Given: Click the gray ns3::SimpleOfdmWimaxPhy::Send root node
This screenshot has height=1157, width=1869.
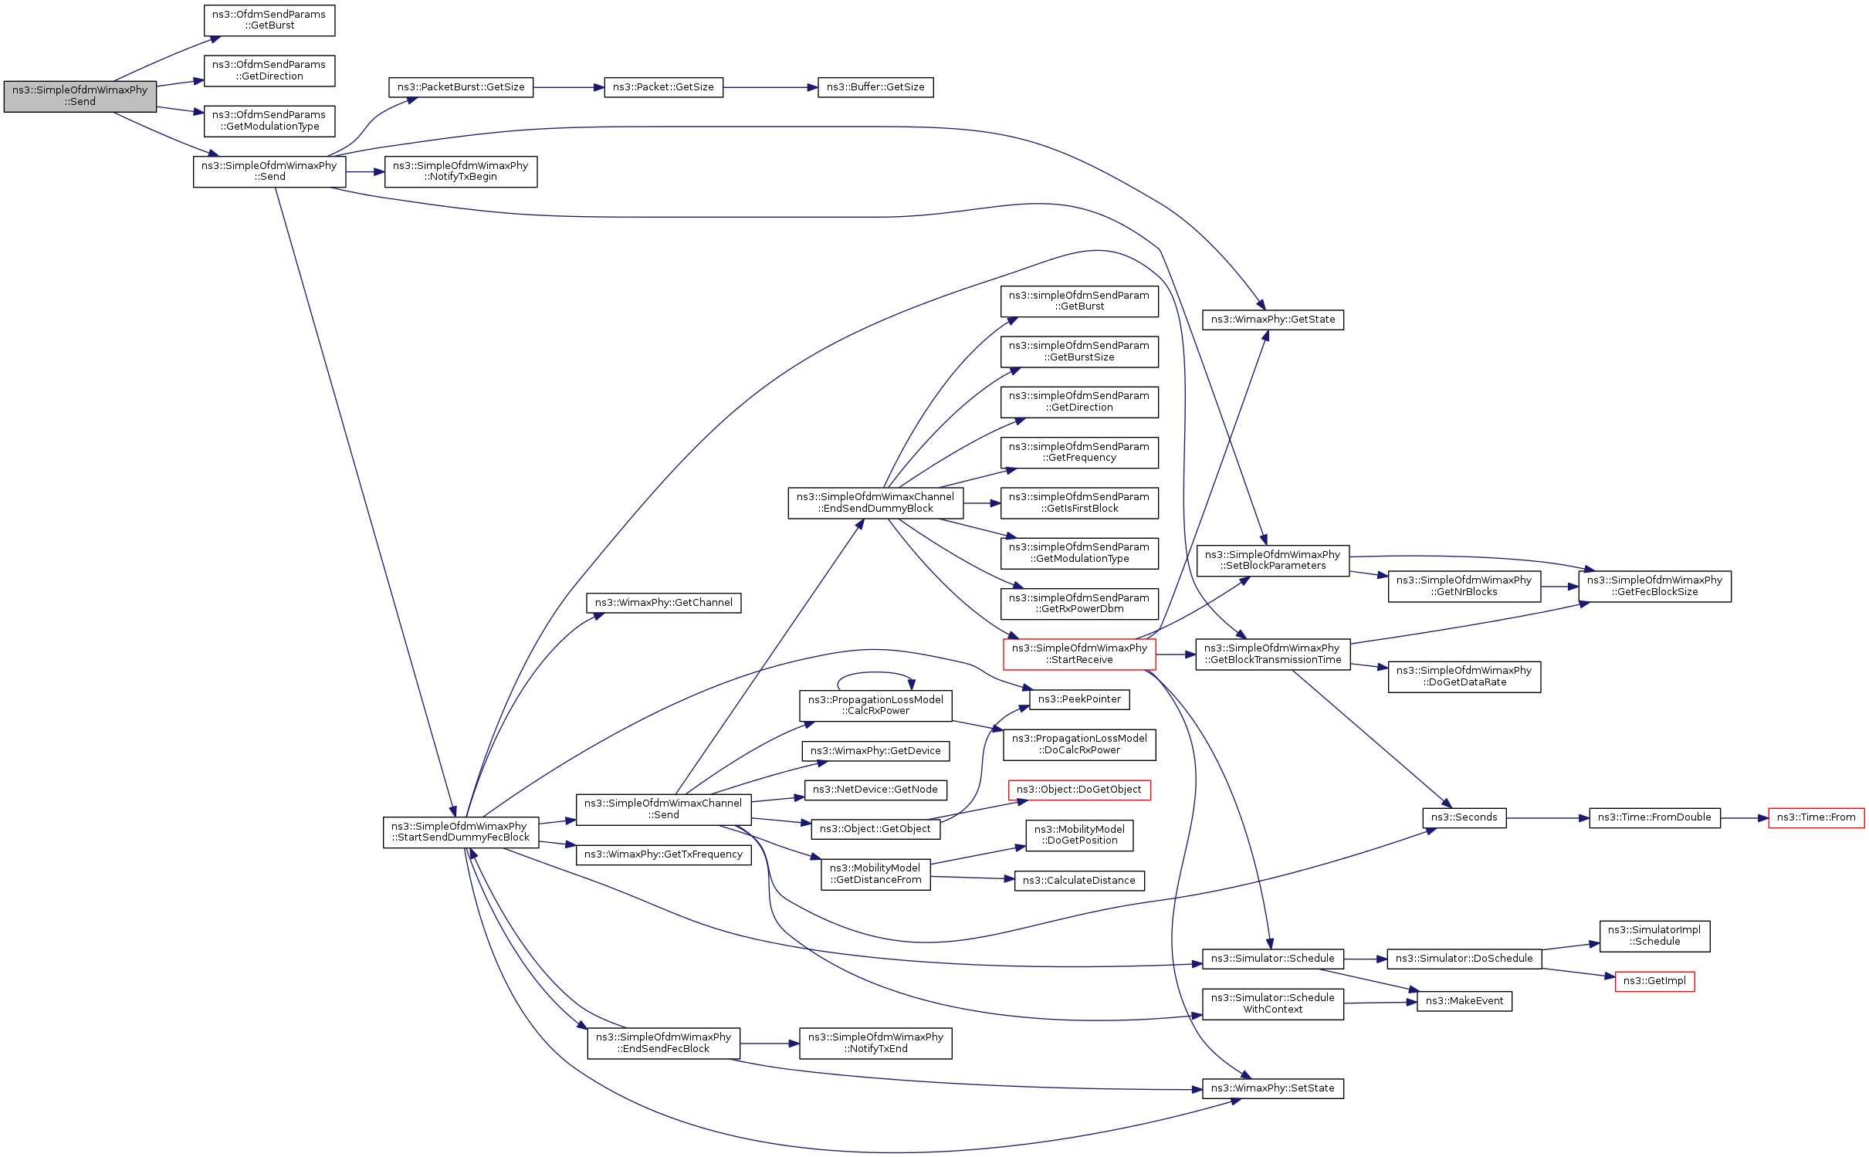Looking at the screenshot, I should point(80,96).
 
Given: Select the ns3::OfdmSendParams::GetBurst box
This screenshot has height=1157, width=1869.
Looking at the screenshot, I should point(269,20).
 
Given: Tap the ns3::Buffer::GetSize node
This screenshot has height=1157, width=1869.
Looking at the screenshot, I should point(875,87).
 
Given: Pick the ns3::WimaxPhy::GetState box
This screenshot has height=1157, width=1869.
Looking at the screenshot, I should point(1272,320).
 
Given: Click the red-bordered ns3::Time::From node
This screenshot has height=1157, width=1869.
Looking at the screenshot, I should point(1816,817).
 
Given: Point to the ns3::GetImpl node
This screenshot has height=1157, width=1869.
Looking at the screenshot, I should point(1654,981).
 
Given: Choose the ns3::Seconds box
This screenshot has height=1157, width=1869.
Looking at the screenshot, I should point(1464,817).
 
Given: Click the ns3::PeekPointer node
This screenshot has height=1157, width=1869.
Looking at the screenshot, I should point(1078,699).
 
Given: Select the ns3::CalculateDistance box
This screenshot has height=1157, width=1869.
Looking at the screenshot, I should point(1078,881).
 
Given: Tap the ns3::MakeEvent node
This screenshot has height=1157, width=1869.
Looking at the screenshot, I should point(1464,1001).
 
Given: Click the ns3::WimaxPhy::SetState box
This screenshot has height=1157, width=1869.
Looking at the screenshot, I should point(1272,1088).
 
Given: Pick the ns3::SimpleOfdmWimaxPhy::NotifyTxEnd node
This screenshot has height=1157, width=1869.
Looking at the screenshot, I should point(875,1043).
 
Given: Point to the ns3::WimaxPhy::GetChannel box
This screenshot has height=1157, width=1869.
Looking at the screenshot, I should point(663,603).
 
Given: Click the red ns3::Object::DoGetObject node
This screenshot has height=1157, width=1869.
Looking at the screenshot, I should point(1078,790).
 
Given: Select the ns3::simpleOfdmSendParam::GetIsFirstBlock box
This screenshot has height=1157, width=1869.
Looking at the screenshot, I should point(1078,502).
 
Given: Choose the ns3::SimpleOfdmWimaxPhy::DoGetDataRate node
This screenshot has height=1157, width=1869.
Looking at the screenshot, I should point(1464,676).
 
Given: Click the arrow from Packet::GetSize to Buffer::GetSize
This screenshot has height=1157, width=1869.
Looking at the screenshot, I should point(770,88).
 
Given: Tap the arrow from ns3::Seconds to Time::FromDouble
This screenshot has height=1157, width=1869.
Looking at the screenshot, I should point(1547,817).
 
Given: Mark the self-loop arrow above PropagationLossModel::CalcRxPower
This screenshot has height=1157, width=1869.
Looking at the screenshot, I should point(875,673).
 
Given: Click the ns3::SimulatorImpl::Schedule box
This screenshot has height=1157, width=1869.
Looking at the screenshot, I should point(1654,935).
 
